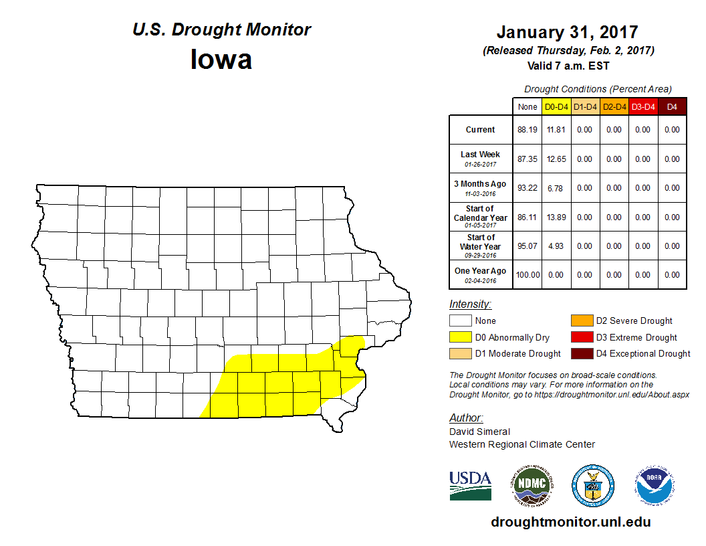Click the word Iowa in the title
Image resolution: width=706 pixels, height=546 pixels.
pos(221,60)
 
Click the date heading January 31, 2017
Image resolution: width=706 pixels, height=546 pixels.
pos(567,32)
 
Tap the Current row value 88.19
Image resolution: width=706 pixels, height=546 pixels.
pos(527,130)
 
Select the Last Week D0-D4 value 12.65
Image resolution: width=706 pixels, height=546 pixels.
pos(556,159)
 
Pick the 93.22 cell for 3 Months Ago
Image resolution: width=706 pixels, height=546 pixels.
pos(527,188)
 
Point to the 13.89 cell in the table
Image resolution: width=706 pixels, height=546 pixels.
pos(556,217)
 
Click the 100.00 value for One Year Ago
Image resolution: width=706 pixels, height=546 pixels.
pos(527,275)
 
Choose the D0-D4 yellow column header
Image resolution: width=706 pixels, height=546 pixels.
pos(556,107)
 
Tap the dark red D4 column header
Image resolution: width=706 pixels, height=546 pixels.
pos(672,107)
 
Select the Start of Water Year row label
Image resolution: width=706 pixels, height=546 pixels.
pos(481,242)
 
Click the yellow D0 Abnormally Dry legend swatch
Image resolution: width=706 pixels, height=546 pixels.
pos(460,337)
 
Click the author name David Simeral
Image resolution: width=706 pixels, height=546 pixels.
pos(479,432)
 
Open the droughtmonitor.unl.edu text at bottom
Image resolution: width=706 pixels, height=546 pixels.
pos(570,522)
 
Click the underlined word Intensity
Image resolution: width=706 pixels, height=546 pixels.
pos(470,304)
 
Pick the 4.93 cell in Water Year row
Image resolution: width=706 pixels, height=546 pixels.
pos(556,246)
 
